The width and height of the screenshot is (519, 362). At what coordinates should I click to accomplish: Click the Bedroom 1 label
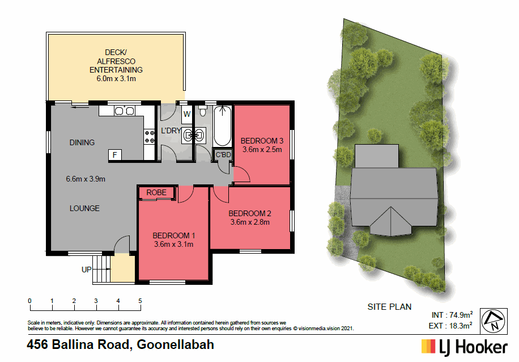[x=174, y=235]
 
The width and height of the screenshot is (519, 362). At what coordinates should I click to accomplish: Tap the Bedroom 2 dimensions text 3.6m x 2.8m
[x=250, y=222]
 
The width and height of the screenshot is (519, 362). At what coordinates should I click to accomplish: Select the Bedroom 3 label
[x=262, y=141]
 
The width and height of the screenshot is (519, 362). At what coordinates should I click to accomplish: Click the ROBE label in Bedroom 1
[x=157, y=193]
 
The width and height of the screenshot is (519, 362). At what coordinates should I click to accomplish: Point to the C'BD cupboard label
[x=223, y=155]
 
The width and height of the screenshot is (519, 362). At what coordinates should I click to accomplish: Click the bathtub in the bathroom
[x=222, y=126]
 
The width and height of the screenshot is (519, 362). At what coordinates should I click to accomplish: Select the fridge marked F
[x=114, y=154]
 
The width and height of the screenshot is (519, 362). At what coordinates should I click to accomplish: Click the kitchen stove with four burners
[x=150, y=136]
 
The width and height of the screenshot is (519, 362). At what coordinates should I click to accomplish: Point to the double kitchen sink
[x=125, y=111]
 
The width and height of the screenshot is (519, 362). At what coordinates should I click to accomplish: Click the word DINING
[x=82, y=142]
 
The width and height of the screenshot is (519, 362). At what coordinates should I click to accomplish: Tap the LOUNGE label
[x=84, y=208]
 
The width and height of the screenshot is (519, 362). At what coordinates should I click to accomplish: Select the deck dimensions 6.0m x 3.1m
[x=116, y=79]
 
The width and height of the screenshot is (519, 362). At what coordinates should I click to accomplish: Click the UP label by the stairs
[x=86, y=270]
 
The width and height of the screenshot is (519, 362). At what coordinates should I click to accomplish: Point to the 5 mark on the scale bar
[x=140, y=301]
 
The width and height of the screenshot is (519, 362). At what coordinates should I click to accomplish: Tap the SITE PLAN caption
[x=389, y=307]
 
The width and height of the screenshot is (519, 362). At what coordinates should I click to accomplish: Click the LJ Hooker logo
[x=463, y=346]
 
